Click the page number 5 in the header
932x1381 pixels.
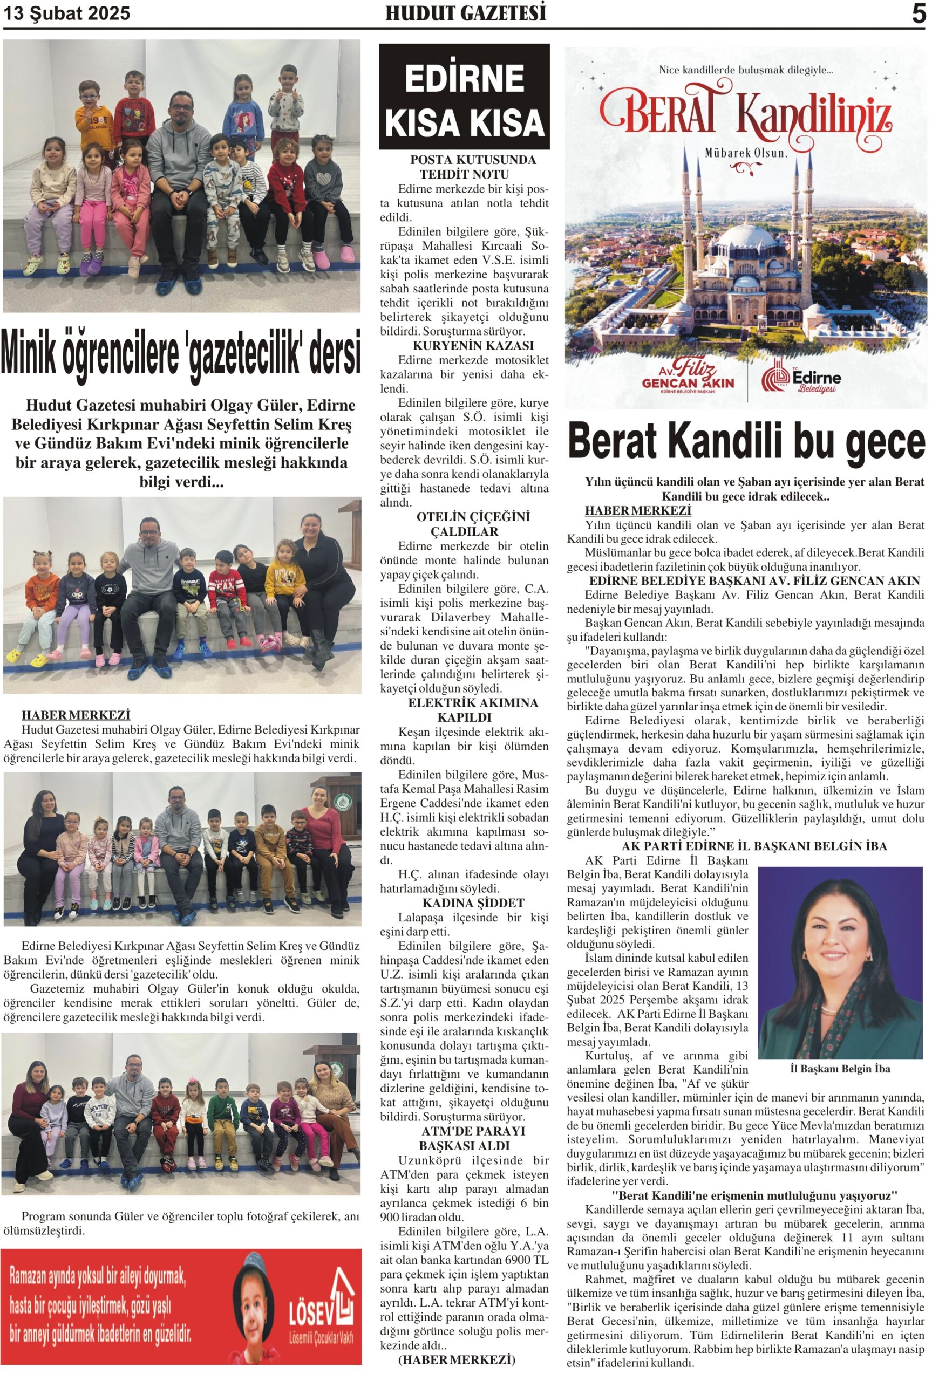coord(919,13)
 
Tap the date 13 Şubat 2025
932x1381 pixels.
coord(66,13)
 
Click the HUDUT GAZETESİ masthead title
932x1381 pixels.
coord(465,13)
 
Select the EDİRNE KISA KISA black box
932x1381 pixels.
coord(464,96)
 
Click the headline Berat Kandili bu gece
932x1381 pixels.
coord(746,441)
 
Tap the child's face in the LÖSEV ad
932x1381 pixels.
coord(254,1305)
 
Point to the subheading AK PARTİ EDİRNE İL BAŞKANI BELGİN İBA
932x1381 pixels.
coord(754,846)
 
